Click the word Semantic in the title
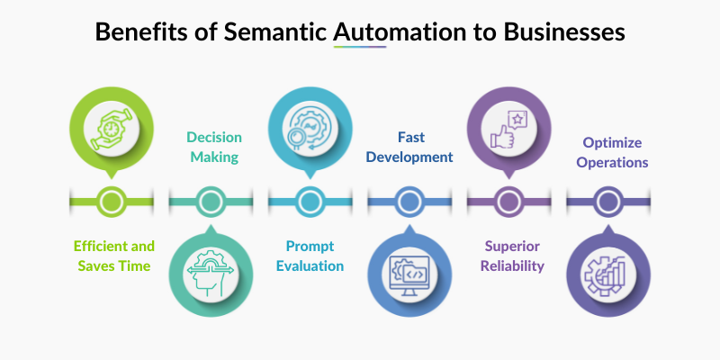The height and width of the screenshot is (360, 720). click(x=281, y=32)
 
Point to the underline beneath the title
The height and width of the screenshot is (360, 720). click(x=360, y=48)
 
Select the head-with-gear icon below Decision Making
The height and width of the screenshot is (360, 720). click(x=209, y=268)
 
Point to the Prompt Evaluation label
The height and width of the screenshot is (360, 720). click(x=309, y=256)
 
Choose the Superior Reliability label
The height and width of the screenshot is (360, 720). click(x=508, y=256)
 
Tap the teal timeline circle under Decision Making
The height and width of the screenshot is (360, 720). click(x=210, y=201)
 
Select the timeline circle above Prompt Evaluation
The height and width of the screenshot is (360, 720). click(x=309, y=201)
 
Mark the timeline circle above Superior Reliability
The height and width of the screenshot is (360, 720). click(x=508, y=201)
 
